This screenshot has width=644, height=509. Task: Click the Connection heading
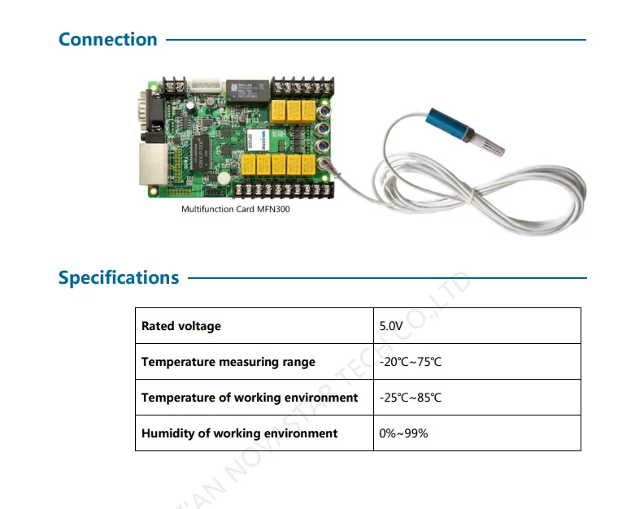click(x=108, y=39)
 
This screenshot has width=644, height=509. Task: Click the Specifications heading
click(x=119, y=277)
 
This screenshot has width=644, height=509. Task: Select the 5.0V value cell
click(x=391, y=326)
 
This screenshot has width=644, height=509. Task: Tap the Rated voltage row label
click(x=181, y=326)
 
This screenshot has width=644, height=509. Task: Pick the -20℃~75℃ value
click(x=411, y=362)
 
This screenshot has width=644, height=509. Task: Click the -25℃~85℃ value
click(x=411, y=398)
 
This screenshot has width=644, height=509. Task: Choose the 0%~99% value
click(x=403, y=433)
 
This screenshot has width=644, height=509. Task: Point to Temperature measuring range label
click(x=228, y=362)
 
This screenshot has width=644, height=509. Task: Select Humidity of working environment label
click(x=240, y=433)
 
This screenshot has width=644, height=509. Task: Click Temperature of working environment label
click(x=250, y=398)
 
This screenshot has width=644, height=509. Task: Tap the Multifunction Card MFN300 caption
click(x=235, y=209)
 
